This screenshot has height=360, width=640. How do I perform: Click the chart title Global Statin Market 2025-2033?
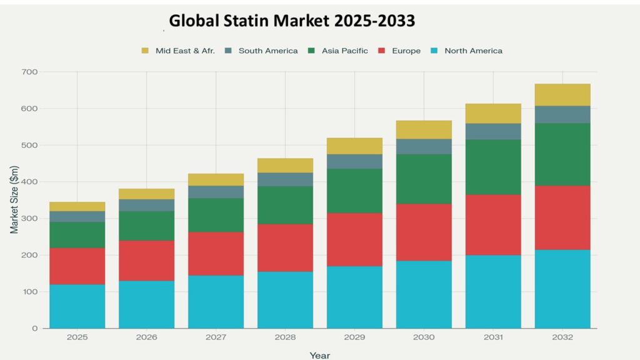click(292, 21)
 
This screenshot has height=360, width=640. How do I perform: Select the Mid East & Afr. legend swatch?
click(146, 51)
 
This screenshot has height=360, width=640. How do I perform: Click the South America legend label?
click(268, 51)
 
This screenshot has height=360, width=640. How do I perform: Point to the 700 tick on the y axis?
click(29, 72)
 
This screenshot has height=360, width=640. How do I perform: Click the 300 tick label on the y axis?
click(29, 219)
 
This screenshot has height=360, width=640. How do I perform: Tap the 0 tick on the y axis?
click(35, 329)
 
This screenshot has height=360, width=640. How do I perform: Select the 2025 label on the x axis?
click(77, 337)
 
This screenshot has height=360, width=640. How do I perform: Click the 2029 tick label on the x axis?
click(354, 337)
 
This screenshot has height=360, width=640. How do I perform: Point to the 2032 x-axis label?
click(562, 337)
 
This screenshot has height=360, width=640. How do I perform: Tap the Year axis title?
click(319, 355)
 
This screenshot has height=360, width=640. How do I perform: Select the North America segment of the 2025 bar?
click(77, 306)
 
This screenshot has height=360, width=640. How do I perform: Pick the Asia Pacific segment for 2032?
click(562, 154)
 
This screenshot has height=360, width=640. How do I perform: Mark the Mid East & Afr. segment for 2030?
click(424, 129)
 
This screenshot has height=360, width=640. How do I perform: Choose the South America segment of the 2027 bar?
click(216, 192)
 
